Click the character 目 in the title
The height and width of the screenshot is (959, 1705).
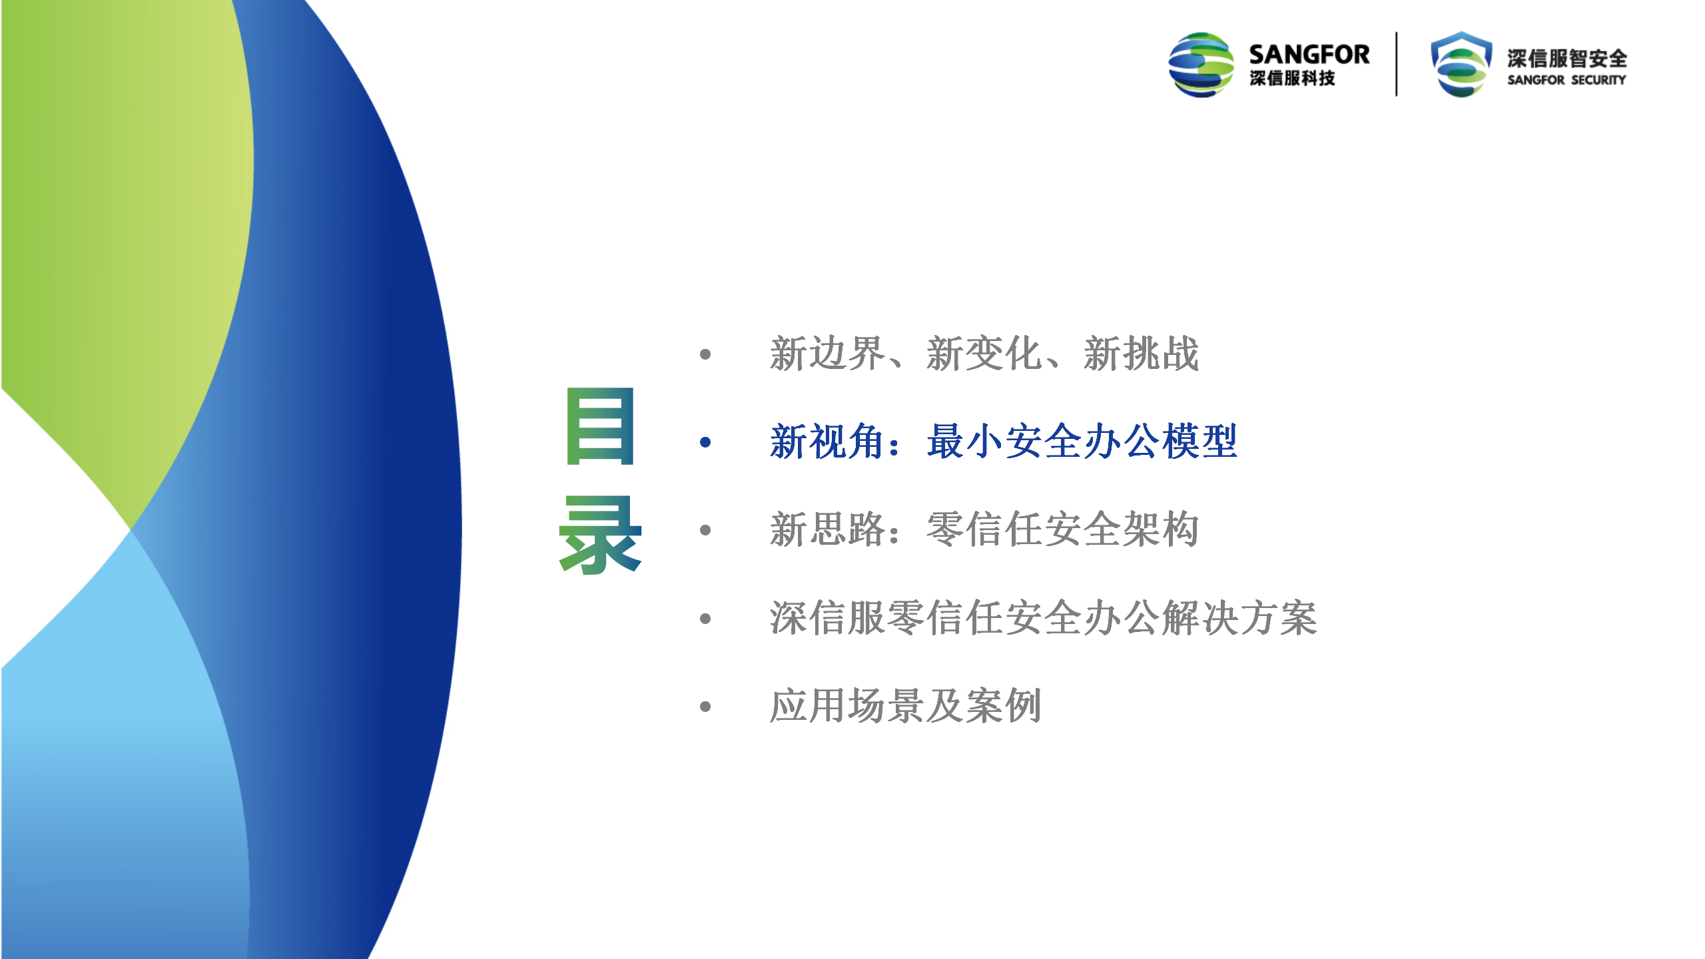(600, 426)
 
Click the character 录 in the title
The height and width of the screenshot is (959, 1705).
(600, 535)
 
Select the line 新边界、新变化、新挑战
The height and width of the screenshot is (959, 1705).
(984, 354)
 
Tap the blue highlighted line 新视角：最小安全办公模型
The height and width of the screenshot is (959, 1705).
(1004, 442)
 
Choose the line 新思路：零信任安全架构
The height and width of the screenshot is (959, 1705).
(984, 530)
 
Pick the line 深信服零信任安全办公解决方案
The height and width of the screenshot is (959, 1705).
(1044, 618)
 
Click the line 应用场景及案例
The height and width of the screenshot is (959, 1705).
(906, 706)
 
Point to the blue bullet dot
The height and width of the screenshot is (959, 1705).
(706, 442)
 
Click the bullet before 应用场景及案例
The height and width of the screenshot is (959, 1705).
(706, 707)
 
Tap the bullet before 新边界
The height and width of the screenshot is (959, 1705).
(706, 354)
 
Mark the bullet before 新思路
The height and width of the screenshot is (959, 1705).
(706, 530)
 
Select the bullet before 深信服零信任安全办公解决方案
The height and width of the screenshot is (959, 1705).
(706, 619)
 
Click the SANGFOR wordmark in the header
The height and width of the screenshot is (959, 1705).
(1309, 55)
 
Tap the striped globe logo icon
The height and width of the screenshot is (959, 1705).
(1201, 65)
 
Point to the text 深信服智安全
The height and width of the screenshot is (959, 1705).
(1567, 59)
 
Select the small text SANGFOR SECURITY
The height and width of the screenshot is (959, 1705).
(1567, 80)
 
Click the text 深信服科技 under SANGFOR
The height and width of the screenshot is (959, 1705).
(1293, 79)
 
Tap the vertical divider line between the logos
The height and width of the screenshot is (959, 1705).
(1397, 64)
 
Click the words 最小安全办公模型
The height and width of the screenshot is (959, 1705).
(1082, 442)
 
